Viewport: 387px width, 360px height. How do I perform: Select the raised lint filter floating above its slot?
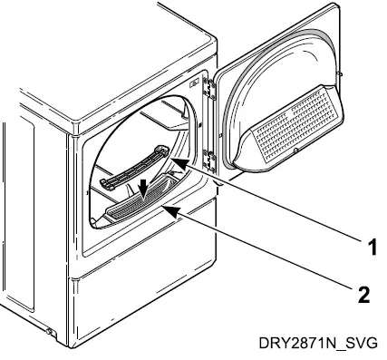pyautogui.click(x=131, y=170)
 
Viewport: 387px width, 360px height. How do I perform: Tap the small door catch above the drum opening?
pyautogui.click(x=194, y=85)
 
